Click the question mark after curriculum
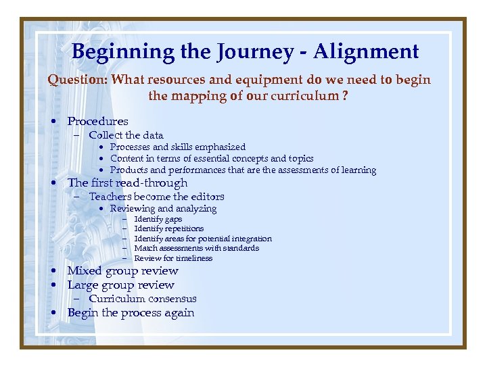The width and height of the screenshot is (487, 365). pyautogui.click(x=345, y=96)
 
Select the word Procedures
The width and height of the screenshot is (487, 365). pyautogui.click(x=97, y=122)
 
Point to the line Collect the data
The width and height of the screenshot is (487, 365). pyautogui.click(x=126, y=135)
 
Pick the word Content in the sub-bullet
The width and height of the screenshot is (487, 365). pyautogui.click(x=127, y=159)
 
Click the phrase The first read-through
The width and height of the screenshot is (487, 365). pyautogui.click(x=127, y=183)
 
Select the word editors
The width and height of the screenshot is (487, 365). pyautogui.click(x=207, y=197)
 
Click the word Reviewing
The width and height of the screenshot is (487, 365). pyautogui.click(x=132, y=209)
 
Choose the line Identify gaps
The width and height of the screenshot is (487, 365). pyautogui.click(x=158, y=219)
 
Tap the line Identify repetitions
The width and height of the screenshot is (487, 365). pyautogui.click(x=168, y=228)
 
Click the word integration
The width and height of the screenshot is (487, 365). pyautogui.click(x=251, y=239)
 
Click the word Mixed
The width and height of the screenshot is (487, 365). pyautogui.click(x=85, y=271)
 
